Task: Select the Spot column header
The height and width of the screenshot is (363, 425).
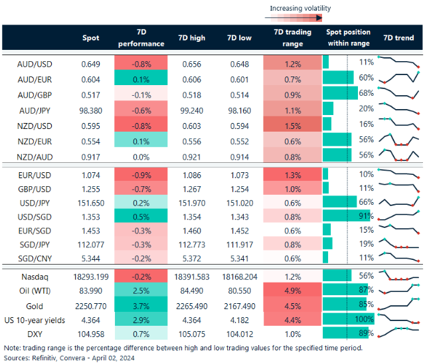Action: point(90,38)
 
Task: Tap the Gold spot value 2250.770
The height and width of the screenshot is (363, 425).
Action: point(90,306)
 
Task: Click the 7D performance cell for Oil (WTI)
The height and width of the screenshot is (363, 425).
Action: point(141,291)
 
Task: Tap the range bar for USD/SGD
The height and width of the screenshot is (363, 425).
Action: point(345,216)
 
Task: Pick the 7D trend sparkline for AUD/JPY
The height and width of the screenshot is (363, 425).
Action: point(398,109)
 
